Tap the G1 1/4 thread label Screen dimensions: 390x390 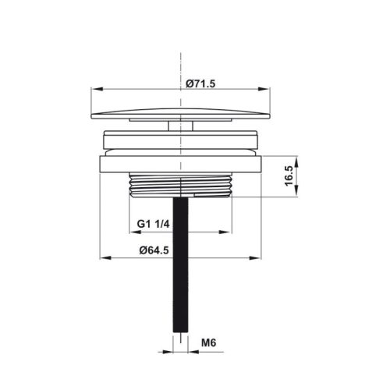pyautogui.click(x=153, y=224)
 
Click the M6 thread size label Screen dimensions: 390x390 pyautogui.click(x=207, y=342)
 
